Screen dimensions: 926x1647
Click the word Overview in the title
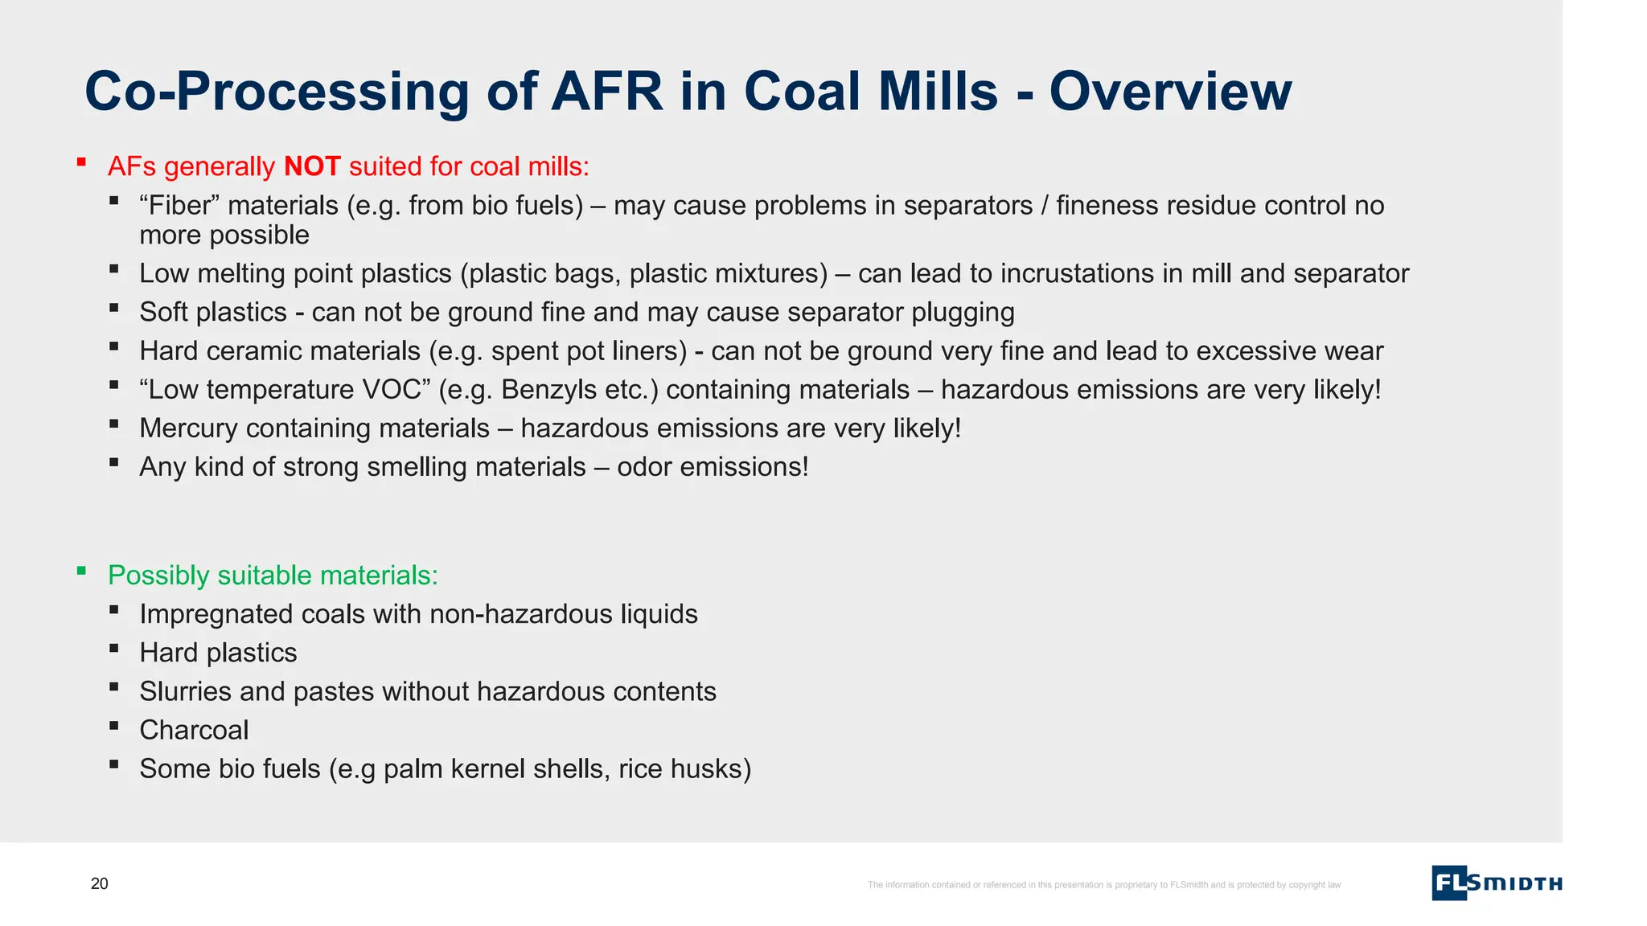pyautogui.click(x=1170, y=92)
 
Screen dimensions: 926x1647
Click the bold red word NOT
pyautogui.click(x=312, y=166)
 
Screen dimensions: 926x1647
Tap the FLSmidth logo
pyautogui.click(x=1496, y=883)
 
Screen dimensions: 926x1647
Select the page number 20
pyautogui.click(x=99, y=883)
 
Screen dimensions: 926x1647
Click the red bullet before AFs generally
pyautogui.click(x=81, y=162)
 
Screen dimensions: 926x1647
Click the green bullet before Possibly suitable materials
pyautogui.click(x=81, y=572)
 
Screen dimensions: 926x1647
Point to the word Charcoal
pyautogui.click(x=194, y=730)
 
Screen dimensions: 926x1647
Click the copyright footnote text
pyautogui.click(x=1103, y=885)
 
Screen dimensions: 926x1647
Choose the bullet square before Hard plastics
pyautogui.click(x=114, y=648)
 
